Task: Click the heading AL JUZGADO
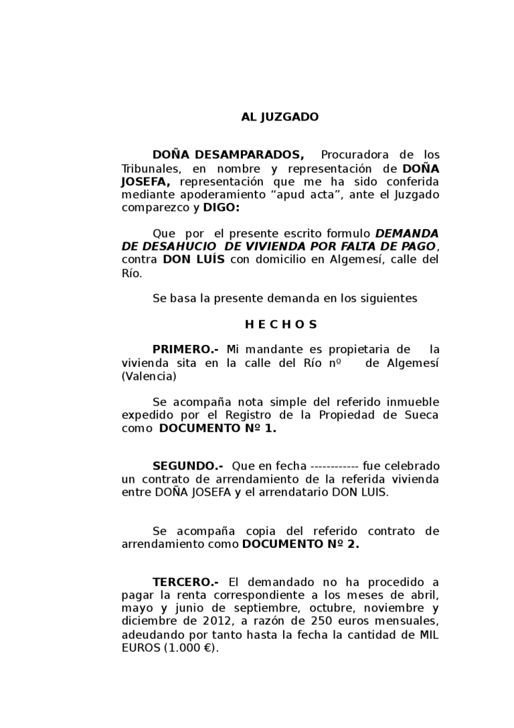pyautogui.click(x=280, y=117)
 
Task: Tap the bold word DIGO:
pyautogui.click(x=222, y=208)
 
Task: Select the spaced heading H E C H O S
pyautogui.click(x=280, y=325)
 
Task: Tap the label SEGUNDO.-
pyautogui.click(x=188, y=466)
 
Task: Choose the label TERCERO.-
pyautogui.click(x=185, y=583)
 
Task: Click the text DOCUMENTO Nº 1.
pyautogui.click(x=217, y=428)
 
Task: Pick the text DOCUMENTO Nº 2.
pyautogui.click(x=301, y=544)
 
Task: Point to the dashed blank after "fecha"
pyautogui.click(x=335, y=466)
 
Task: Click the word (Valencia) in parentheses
pyautogui.click(x=149, y=376)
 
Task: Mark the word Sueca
pyautogui.click(x=423, y=415)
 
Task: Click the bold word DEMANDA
pyautogui.click(x=407, y=234)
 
